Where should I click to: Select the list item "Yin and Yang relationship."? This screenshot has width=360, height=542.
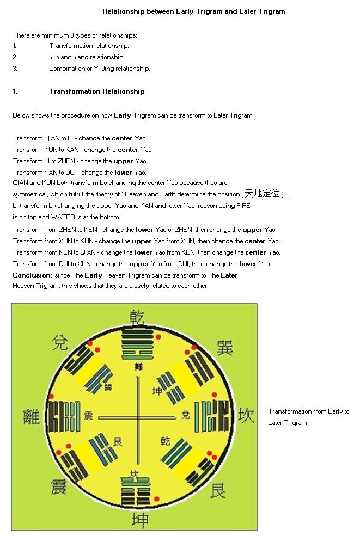coord(87,57)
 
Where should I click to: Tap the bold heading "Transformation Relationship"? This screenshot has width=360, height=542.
coord(97,91)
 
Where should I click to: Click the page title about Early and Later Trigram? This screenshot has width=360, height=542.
coord(193,11)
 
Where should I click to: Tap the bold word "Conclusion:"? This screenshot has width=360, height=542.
coord(32,275)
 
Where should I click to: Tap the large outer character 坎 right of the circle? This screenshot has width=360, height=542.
coord(246,416)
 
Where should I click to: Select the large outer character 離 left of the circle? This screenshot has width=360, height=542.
coord(32,417)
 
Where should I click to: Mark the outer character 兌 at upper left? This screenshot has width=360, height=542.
coord(60,343)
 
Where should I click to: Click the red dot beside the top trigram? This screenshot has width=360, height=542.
coord(158,337)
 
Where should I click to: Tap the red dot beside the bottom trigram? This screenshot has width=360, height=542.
coord(156,499)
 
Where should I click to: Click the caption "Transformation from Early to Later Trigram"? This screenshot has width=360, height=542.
coord(308,417)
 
